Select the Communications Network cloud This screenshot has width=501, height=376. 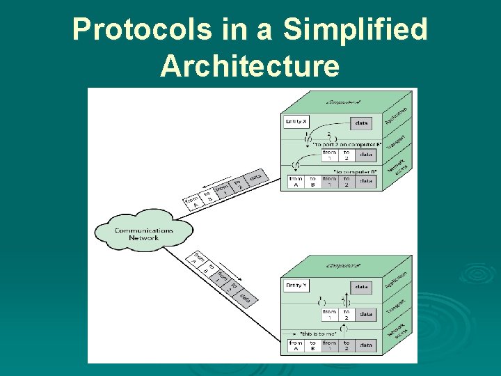click(x=144, y=233)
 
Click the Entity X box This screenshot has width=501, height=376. click(x=296, y=122)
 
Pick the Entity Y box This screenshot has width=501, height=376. click(x=296, y=285)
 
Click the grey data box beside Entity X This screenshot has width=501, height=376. click(x=362, y=123)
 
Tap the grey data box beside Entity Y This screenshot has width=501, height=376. click(x=362, y=286)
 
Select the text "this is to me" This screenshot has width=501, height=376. click(x=318, y=334)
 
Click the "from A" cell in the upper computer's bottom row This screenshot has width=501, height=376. click(x=296, y=182)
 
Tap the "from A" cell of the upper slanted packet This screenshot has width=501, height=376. click(x=191, y=203)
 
